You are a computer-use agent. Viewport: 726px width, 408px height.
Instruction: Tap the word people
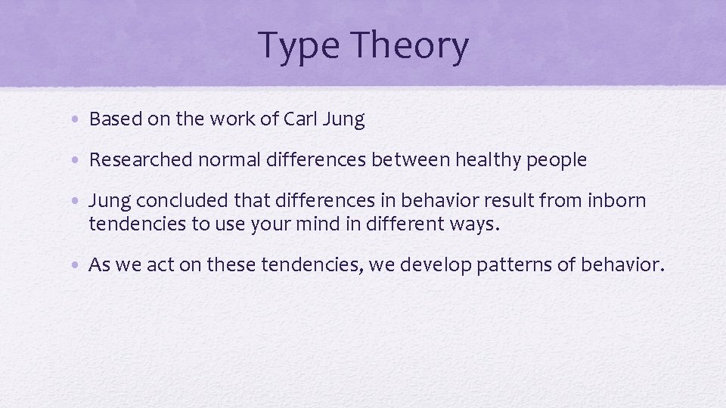click(555, 160)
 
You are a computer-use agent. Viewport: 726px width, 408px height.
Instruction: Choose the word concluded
click(171, 202)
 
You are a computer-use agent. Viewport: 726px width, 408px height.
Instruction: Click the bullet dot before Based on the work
click(79, 120)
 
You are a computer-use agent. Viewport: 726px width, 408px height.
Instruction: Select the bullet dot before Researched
click(79, 161)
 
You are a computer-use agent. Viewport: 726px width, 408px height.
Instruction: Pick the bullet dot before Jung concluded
click(79, 202)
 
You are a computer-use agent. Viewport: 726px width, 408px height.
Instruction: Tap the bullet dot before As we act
click(79, 266)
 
